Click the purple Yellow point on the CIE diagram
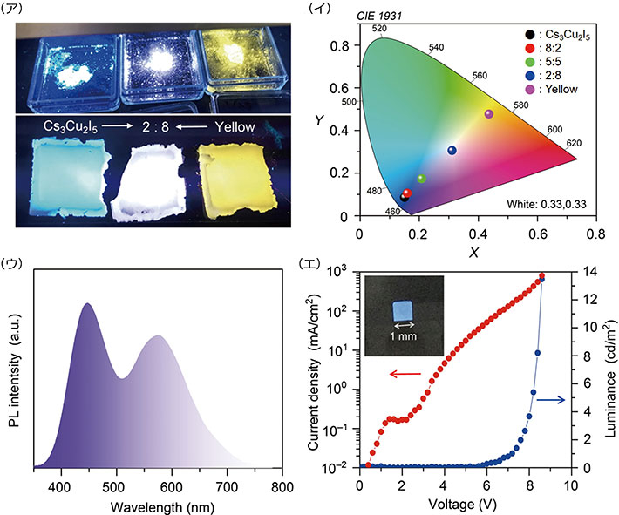pyautogui.click(x=488, y=114)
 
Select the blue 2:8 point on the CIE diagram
pyautogui.click(x=452, y=151)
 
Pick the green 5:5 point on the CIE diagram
pyautogui.click(x=422, y=179)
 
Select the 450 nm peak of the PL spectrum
pyautogui.click(x=87, y=304)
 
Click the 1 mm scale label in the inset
pyautogui.click(x=402, y=335)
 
